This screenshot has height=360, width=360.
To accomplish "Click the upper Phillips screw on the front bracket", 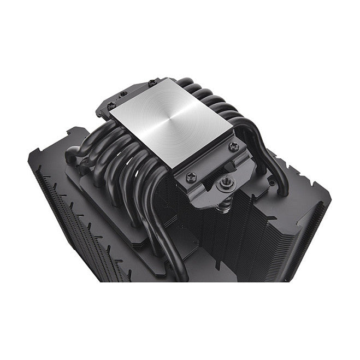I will (234, 146).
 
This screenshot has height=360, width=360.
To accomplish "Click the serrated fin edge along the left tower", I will (41, 191).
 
